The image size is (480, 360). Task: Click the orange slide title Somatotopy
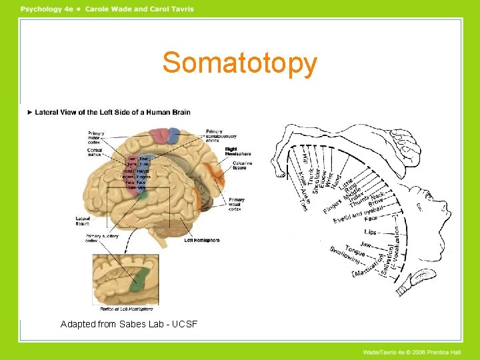coord(239,63)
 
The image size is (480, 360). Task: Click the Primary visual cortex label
coord(236,204)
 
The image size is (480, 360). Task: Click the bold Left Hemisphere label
coord(202,240)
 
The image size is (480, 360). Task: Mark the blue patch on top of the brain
coord(172,135)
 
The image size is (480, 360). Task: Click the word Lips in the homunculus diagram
coord(370,232)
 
